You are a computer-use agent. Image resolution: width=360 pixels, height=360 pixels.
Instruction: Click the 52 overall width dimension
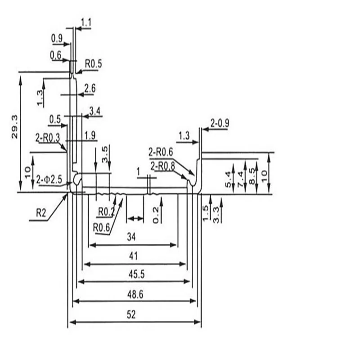tap(131, 315)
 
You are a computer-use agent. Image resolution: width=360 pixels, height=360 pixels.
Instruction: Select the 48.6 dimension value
tap(135, 294)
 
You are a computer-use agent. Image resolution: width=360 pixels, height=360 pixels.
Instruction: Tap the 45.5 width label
tap(137, 274)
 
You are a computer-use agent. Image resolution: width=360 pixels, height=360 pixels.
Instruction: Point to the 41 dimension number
tap(133, 256)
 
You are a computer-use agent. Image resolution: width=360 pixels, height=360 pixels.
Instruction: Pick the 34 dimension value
tap(131, 237)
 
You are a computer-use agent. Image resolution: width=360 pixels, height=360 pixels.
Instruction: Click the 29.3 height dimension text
tap(14, 127)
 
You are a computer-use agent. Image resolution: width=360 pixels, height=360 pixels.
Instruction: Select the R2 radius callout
tap(41, 213)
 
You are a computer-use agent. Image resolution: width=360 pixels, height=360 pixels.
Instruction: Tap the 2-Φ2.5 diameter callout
tap(49, 180)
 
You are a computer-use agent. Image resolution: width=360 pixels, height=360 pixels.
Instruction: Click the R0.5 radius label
tap(94, 63)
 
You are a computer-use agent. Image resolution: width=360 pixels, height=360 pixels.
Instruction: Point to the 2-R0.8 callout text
tap(162, 166)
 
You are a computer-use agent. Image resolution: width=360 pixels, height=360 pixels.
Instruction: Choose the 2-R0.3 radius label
tap(48, 138)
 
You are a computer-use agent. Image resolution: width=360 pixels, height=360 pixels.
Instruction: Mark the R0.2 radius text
tap(106, 212)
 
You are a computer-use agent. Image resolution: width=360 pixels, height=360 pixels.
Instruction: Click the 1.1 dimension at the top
tap(86, 22)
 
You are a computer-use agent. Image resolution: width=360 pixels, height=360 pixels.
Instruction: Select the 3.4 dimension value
tap(95, 111)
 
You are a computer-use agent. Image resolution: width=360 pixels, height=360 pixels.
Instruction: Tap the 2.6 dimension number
tap(90, 88)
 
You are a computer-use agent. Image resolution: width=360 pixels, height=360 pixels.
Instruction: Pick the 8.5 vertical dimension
tap(252, 176)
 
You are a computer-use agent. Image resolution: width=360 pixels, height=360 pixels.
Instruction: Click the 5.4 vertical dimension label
tap(228, 180)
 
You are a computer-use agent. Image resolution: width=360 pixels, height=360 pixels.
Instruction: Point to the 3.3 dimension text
tap(216, 215)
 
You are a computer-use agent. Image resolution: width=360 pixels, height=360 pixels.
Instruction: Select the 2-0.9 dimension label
tap(220, 123)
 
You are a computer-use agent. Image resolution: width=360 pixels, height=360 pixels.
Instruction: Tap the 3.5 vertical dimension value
tap(104, 154)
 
